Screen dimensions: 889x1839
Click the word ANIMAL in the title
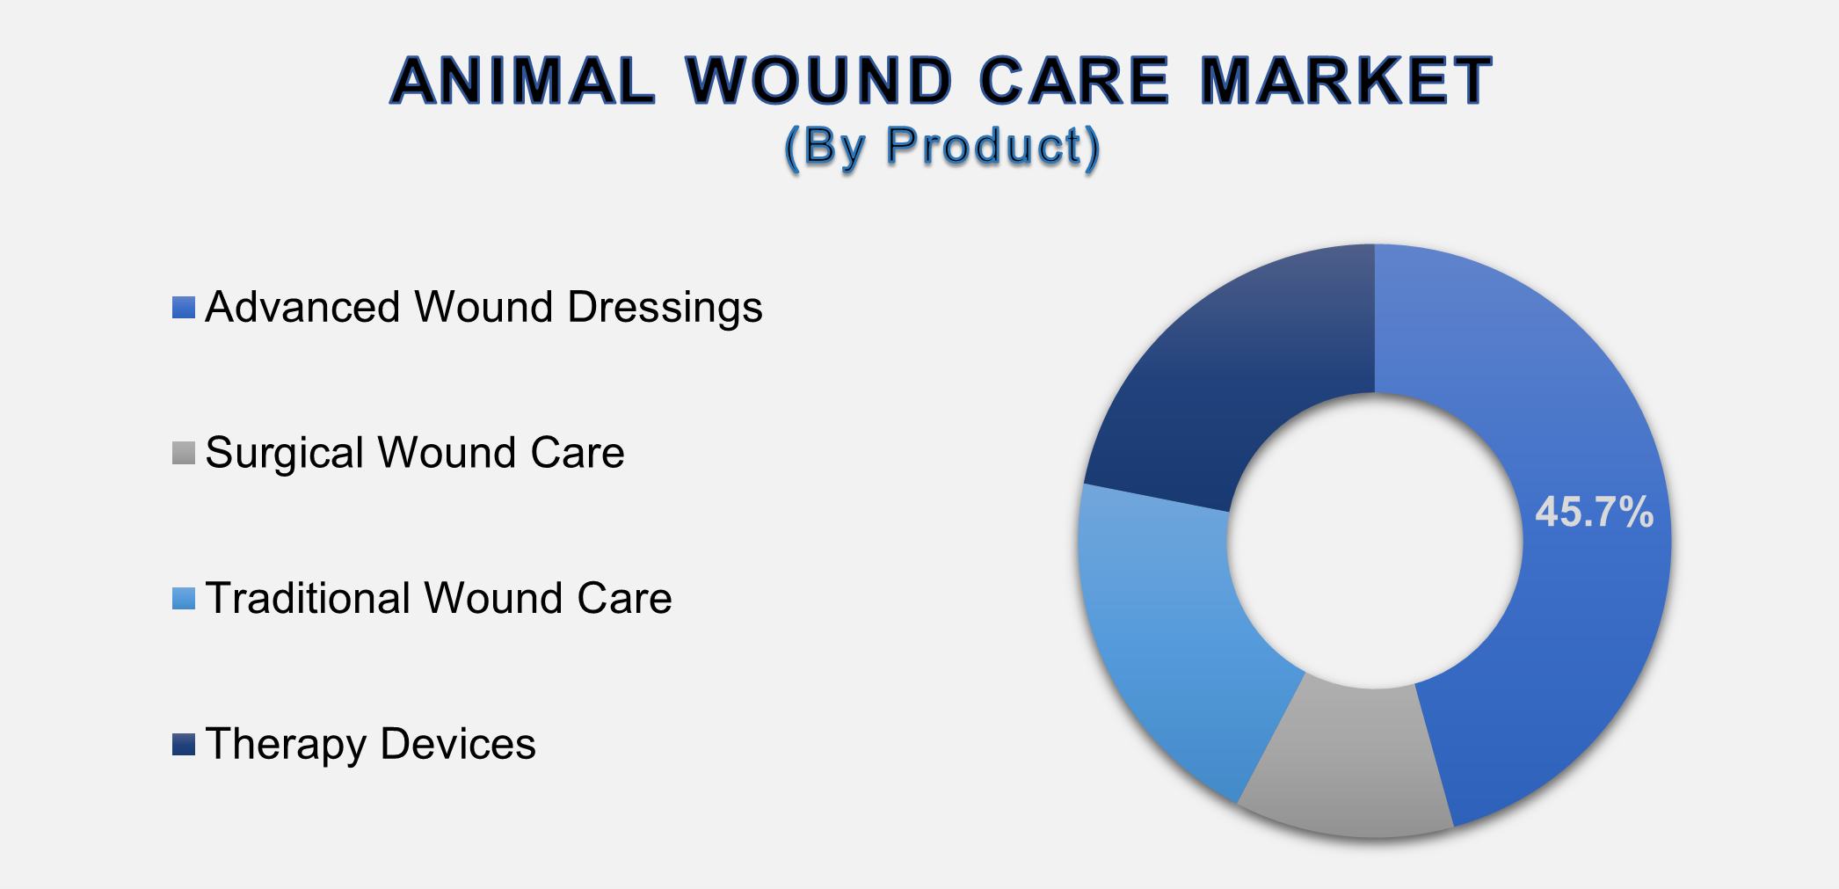[x=522, y=81]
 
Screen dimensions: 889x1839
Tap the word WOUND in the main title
[x=818, y=81]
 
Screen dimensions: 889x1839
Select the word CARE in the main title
[x=1073, y=81]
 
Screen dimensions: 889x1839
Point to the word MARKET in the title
[x=1346, y=81]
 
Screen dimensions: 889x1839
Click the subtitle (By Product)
[x=941, y=146]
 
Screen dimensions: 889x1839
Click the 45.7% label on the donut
[x=1594, y=512]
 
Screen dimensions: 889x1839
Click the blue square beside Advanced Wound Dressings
[x=183, y=308]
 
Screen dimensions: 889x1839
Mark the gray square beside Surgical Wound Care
[x=183, y=453]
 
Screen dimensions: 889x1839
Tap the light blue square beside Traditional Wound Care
[x=183, y=599]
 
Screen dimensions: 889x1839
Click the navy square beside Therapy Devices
[x=183, y=745]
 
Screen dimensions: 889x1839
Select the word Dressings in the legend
[x=665, y=308]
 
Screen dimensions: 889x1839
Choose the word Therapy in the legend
[x=285, y=745]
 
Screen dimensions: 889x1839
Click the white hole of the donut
[x=1374, y=541]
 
